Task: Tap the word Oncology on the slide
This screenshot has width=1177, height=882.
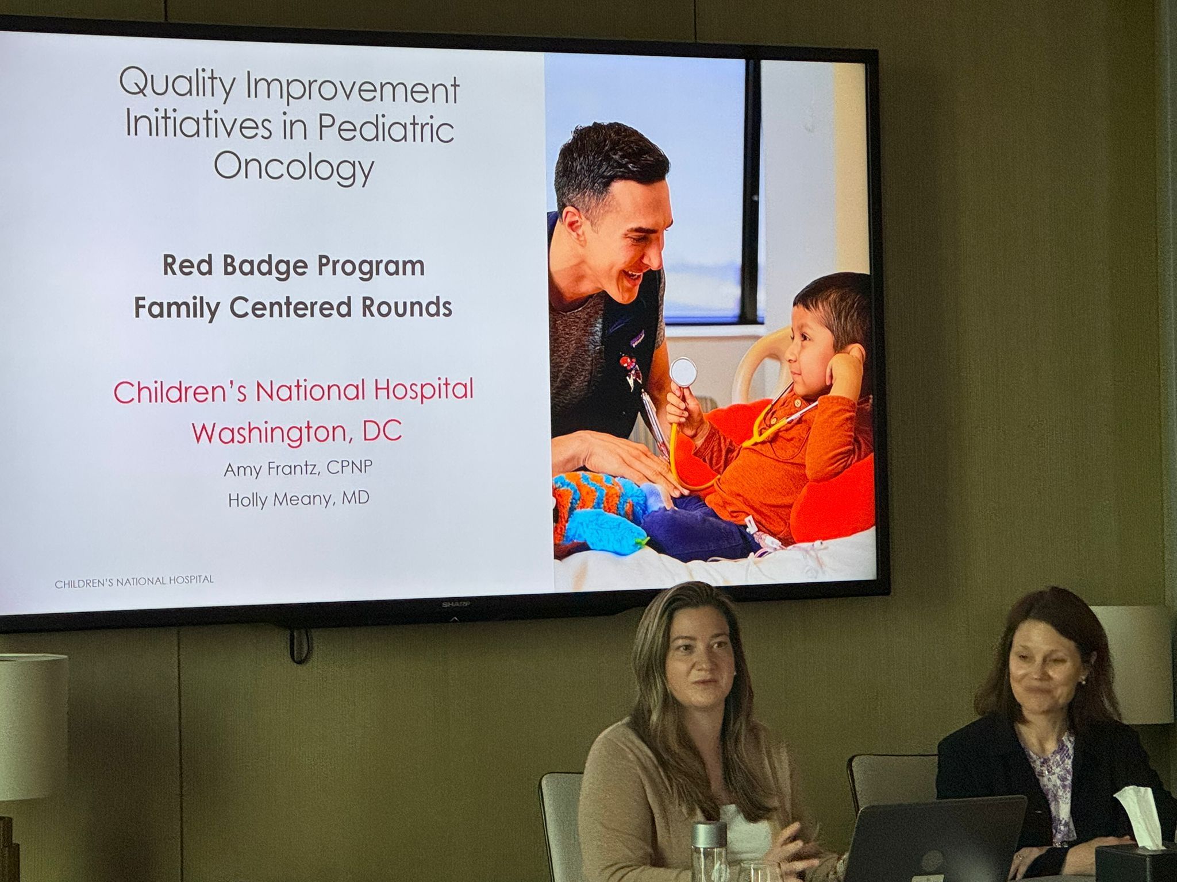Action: pos(294,167)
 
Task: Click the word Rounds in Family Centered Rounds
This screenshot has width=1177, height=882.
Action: pos(406,307)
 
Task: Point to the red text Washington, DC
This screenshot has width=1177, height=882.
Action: pos(297,432)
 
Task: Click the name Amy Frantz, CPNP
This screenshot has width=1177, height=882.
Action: pos(298,469)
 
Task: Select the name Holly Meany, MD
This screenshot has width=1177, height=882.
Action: pos(298,499)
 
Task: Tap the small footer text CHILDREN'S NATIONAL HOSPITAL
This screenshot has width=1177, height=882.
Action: pos(134,581)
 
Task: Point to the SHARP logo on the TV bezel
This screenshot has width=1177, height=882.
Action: pos(455,605)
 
